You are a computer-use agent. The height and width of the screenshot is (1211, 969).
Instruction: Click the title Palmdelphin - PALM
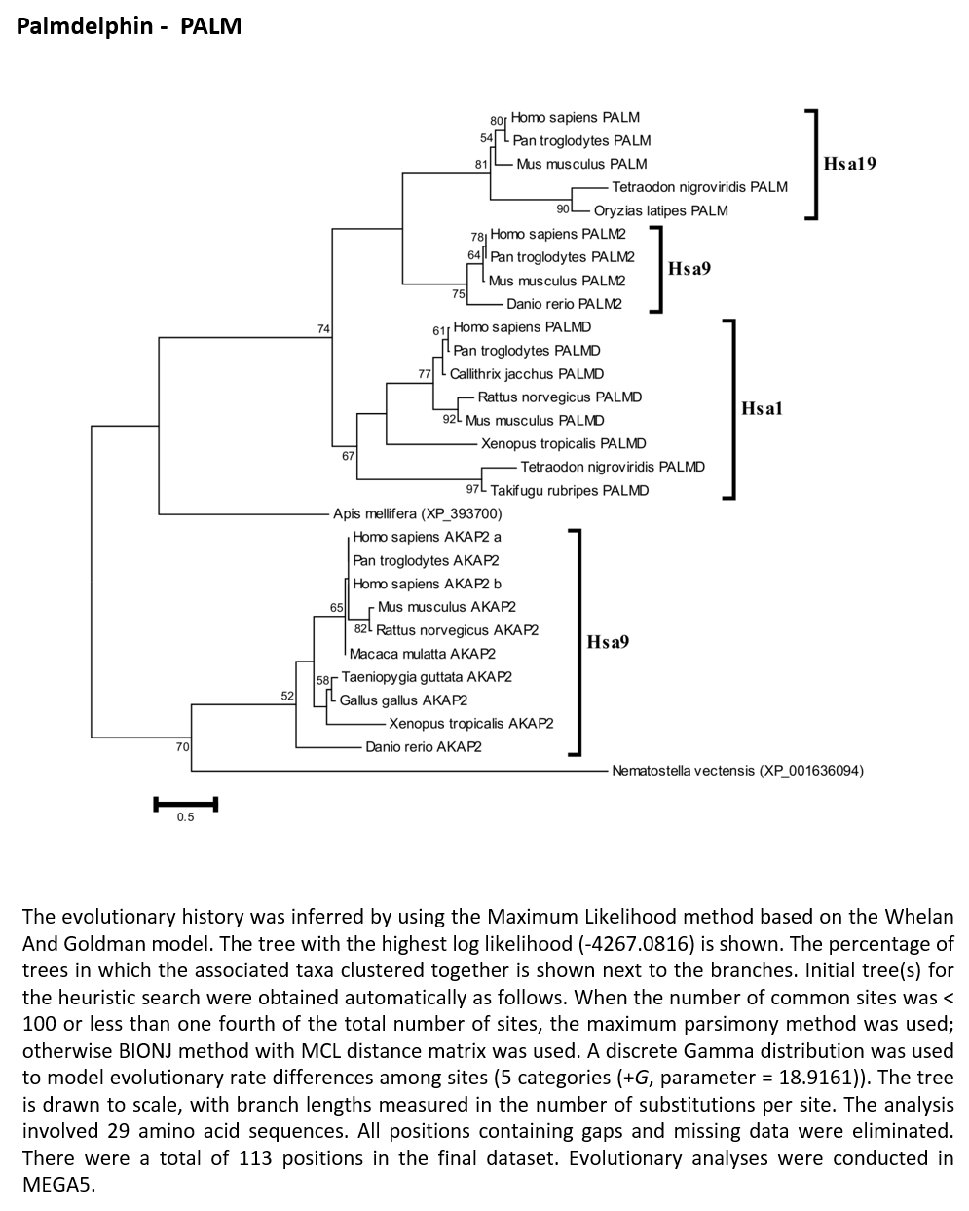[129, 26]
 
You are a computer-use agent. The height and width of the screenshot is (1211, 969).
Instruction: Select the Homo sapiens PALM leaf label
[576, 118]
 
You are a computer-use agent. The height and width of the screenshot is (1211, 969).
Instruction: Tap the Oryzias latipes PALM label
[660, 211]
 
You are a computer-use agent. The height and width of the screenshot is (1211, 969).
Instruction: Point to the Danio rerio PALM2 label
[564, 304]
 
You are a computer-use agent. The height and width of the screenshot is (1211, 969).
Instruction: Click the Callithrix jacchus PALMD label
[526, 374]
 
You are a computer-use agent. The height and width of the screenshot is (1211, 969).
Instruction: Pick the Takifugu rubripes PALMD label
[569, 491]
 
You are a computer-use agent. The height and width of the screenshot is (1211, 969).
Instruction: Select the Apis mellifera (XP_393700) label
[417, 513]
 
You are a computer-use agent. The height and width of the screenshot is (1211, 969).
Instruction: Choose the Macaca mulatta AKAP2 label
[422, 654]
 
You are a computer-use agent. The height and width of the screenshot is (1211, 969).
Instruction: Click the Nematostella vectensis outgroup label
[737, 771]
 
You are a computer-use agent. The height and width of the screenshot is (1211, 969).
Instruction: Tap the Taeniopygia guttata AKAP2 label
[427, 677]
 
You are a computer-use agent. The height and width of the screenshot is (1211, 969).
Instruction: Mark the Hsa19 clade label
[849, 164]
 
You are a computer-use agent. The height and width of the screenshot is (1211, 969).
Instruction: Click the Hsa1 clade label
[762, 408]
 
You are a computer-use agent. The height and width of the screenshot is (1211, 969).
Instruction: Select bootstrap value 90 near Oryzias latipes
[563, 209]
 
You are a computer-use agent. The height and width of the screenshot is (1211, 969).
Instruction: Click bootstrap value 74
[323, 329]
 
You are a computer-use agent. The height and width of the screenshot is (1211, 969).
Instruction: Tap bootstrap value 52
[287, 696]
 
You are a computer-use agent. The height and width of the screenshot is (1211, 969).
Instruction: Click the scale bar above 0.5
[186, 804]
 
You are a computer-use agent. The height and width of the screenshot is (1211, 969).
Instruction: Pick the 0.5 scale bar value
[185, 817]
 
